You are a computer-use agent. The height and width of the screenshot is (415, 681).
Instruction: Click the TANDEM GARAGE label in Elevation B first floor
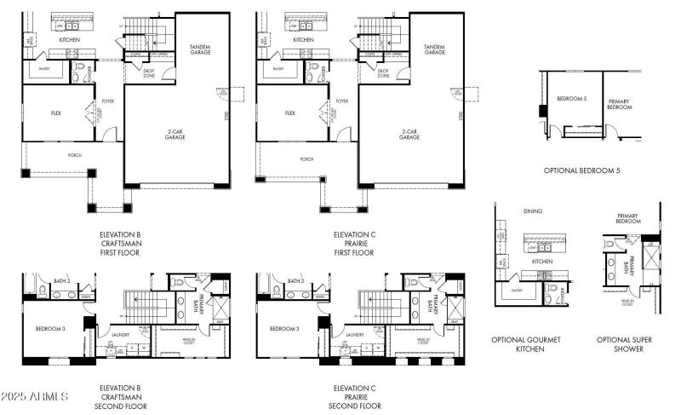point(200,49)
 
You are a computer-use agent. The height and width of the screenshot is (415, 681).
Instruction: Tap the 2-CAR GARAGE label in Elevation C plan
point(409,135)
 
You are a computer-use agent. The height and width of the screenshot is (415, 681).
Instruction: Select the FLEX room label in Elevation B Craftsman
point(56,112)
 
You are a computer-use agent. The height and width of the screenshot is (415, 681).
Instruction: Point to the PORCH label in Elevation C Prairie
point(306,159)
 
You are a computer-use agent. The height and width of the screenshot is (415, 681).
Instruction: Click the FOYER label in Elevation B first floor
point(108,101)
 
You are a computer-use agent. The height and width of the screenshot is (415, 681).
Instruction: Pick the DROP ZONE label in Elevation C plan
point(383,73)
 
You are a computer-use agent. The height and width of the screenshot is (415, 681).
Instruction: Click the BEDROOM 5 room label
point(571,99)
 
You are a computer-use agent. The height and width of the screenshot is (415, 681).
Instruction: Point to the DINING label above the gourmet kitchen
point(534,210)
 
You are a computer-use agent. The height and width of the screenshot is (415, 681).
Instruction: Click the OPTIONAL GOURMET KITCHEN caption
point(526,344)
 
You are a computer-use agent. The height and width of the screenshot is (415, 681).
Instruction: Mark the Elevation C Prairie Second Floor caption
point(354,397)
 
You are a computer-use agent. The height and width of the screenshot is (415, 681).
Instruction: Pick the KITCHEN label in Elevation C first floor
point(303,39)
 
